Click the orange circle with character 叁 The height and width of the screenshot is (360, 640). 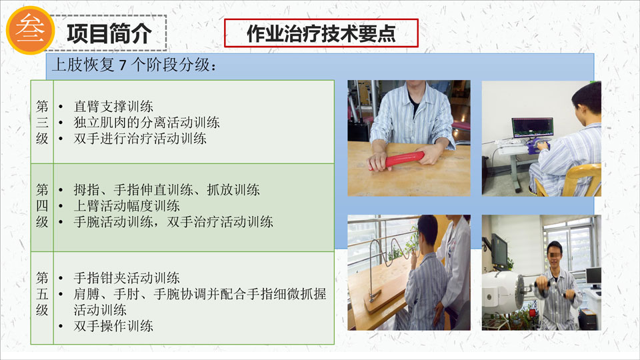click(30, 30)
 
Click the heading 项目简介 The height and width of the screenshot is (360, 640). click(109, 33)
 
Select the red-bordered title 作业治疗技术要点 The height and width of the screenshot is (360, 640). click(321, 33)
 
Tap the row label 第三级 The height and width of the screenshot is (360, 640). click(42, 123)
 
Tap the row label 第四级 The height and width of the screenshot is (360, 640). click(42, 206)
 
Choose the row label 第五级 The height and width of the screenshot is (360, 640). click(42, 294)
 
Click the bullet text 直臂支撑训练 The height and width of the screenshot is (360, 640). click(113, 107)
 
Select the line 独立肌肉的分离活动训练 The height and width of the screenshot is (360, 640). click(147, 123)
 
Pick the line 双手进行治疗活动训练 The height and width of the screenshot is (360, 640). click(140, 139)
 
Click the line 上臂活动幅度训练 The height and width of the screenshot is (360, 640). click(127, 206)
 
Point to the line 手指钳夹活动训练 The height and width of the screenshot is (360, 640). click(127, 278)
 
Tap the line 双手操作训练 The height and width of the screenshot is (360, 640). click(113, 326)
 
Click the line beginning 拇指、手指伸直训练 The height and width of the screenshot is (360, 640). click(167, 190)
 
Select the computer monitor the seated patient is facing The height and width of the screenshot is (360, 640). click(533, 128)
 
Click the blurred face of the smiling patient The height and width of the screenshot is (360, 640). click(555, 255)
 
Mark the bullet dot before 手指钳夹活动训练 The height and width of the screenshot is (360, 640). click(61, 279)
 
